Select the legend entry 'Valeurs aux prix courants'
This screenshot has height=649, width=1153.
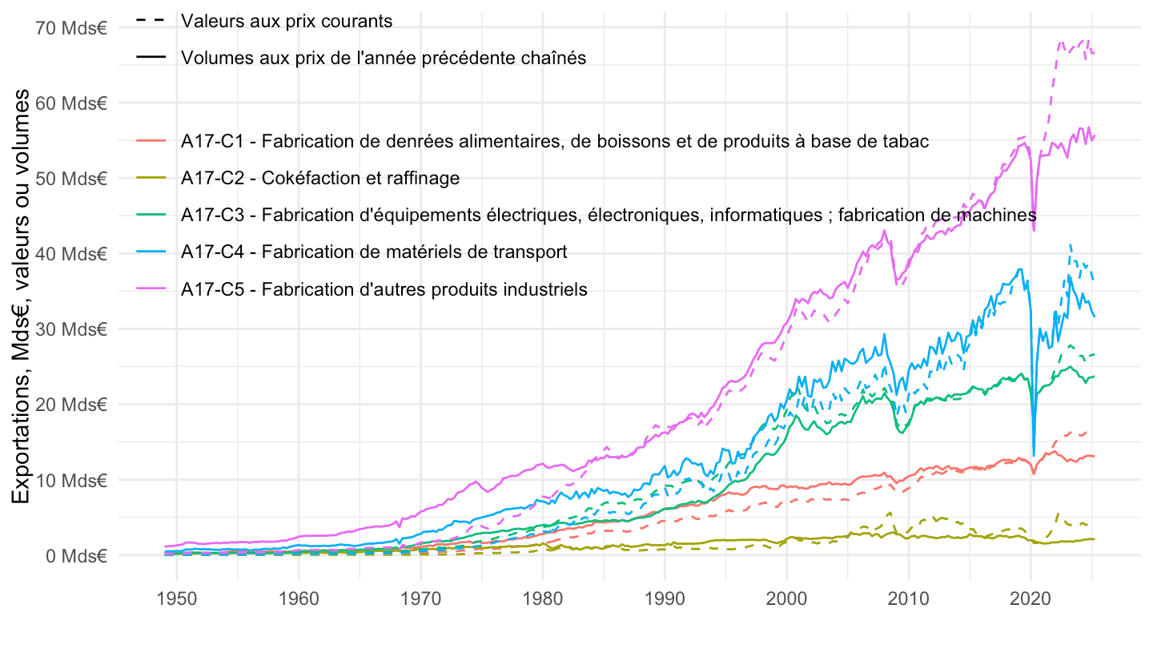287,21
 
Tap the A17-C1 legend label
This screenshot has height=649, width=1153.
555,142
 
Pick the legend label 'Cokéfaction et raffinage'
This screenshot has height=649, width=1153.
320,178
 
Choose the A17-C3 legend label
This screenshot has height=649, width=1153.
609,215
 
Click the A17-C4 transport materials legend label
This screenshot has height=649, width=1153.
374,252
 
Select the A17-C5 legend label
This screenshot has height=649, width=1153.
384,288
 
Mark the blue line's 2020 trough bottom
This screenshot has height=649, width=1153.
1034,455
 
